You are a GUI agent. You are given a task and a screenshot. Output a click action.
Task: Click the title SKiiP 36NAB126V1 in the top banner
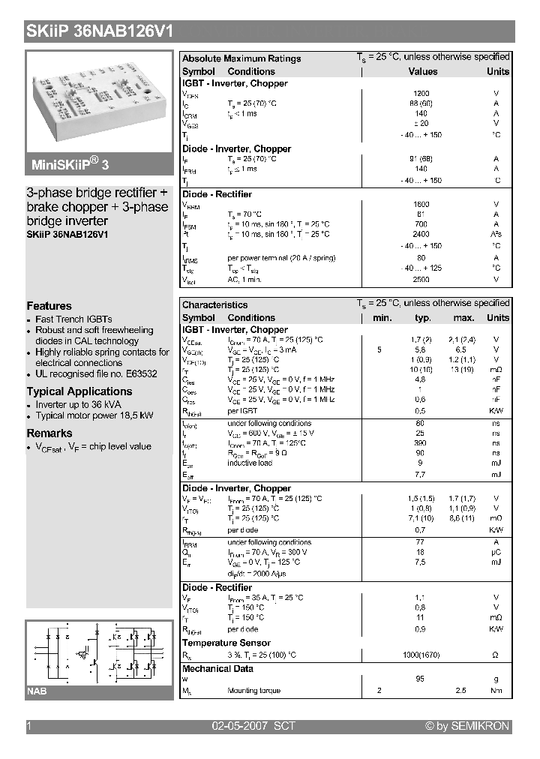point(100,31)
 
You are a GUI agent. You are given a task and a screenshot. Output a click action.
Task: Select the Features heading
point(49,305)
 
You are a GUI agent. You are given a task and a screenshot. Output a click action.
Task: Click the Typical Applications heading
point(79,391)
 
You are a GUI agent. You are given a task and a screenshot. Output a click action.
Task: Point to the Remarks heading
point(49,433)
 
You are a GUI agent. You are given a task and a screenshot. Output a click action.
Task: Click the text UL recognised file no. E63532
point(96,373)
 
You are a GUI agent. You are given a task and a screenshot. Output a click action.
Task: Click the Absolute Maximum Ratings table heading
point(241,58)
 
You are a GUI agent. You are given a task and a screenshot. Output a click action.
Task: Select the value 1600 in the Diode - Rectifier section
point(421,204)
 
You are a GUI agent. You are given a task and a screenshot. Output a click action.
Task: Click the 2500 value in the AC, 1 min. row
point(421,279)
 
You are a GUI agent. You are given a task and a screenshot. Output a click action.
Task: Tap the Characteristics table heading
point(214,304)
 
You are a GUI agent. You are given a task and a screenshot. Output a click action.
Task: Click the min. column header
point(382,318)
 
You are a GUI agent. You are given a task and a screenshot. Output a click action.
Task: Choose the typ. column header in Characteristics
point(422,318)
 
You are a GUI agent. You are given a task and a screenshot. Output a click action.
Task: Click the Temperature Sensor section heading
point(226,643)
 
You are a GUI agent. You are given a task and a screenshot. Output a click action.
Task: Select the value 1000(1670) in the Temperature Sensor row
point(421,655)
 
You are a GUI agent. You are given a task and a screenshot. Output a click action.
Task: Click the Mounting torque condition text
point(253,690)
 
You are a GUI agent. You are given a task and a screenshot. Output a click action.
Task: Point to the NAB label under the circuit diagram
point(37,691)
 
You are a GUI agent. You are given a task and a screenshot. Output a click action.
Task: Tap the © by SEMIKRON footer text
point(467,726)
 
